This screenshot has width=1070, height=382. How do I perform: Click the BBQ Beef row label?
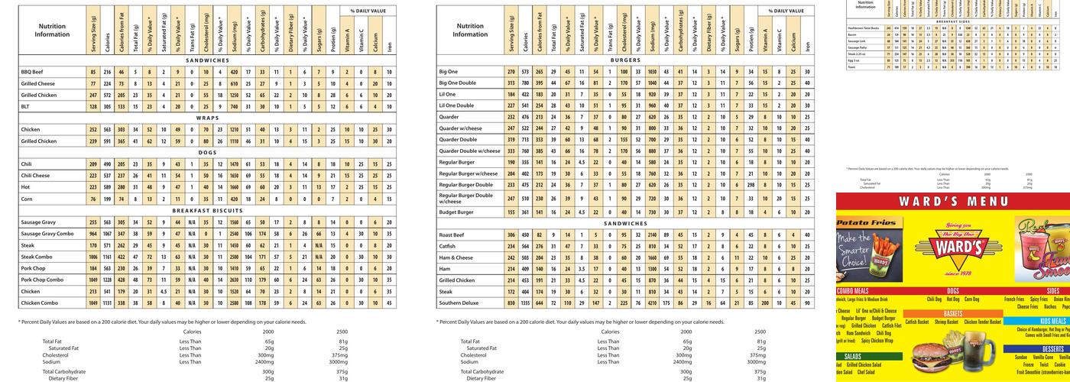pos(32,72)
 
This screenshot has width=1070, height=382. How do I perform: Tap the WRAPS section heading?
pos(207,118)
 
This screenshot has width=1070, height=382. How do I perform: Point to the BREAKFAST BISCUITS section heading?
pos(207,210)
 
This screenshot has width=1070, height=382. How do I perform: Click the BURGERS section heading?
pos(625,60)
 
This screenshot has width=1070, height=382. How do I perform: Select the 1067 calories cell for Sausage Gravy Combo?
pos(108,233)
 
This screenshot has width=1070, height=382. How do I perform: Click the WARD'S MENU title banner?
pos(952,202)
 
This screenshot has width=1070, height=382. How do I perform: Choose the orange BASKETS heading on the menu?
pos(952,313)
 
